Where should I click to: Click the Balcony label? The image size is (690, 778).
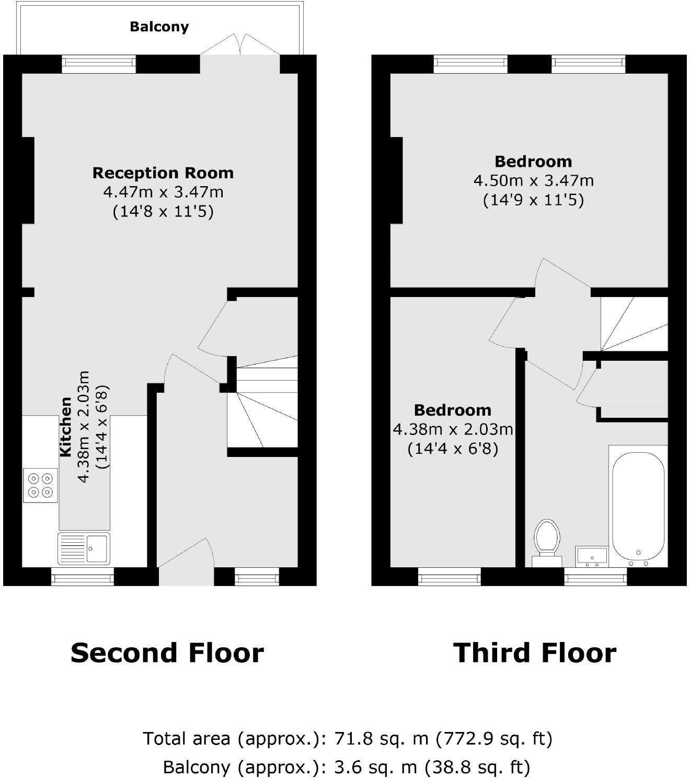pos(159,27)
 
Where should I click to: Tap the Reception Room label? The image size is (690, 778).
pos(163,173)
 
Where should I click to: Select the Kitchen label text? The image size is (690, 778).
pos(65,427)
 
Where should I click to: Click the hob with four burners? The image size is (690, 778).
pos(40,485)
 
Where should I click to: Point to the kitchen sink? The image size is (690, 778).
pos(84,548)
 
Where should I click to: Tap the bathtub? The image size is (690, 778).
pos(638,506)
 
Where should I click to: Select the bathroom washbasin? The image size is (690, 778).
pos(591,556)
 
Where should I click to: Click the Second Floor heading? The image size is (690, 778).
pos(167,653)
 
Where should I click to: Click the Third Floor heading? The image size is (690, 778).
pos(534,653)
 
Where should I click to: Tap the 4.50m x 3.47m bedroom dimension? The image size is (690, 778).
pos(533,181)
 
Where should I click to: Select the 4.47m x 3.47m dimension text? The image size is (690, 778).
pos(163,192)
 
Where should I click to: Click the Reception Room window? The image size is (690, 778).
pos(99,64)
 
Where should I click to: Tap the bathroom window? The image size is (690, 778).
pos(595,578)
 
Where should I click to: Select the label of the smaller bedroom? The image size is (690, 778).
pos(452,410)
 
